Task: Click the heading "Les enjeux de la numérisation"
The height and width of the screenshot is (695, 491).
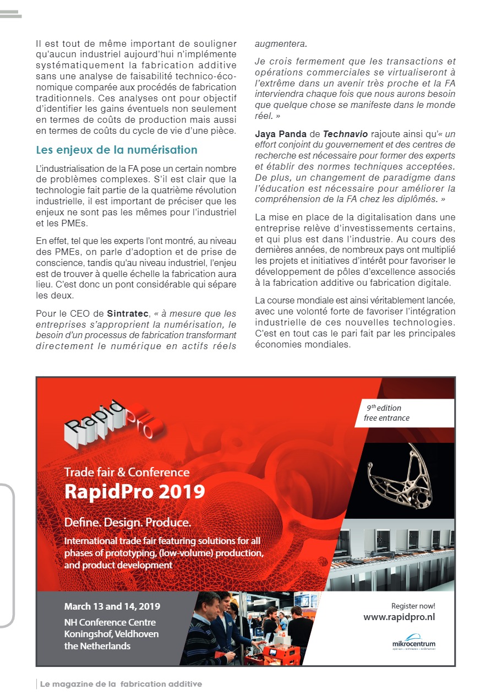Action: [x=117, y=150]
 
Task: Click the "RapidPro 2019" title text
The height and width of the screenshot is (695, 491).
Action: [x=134, y=491]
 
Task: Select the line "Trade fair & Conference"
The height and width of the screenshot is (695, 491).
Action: [x=127, y=472]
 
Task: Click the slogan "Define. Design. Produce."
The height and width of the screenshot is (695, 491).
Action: [x=127, y=522]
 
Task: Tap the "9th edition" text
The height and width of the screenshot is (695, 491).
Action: [x=384, y=408]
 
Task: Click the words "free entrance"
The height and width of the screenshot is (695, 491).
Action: [x=386, y=418]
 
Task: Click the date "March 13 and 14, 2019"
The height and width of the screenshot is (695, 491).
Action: [x=112, y=606]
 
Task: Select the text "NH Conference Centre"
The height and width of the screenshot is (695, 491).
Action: [x=110, y=622]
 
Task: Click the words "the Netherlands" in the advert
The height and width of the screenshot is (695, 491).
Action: [x=97, y=646]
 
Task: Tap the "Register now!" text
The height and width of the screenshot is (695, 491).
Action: [x=413, y=606]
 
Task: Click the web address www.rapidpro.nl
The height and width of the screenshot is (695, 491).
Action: [x=399, y=617]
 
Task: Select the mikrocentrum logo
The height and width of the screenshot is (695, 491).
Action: [x=413, y=643]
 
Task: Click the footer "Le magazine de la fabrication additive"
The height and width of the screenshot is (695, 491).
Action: [x=121, y=684]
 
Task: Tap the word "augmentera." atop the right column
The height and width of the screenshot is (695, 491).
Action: [x=281, y=44]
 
